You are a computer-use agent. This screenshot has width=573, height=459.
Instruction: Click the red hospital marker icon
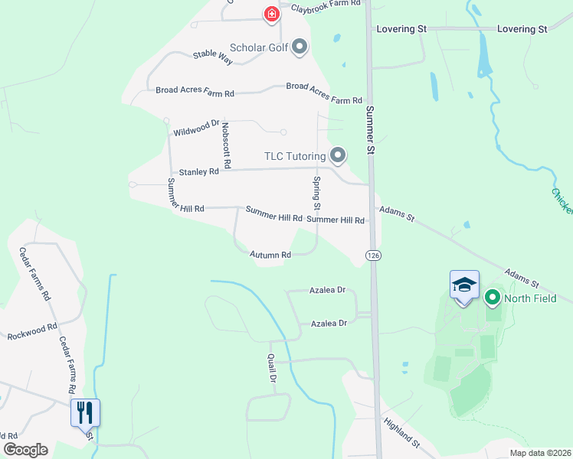click(x=271, y=13)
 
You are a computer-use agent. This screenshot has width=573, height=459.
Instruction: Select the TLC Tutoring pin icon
click(x=337, y=156)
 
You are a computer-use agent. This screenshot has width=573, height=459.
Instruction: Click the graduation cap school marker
click(x=464, y=285)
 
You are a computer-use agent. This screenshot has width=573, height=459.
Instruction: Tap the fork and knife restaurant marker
click(x=85, y=412)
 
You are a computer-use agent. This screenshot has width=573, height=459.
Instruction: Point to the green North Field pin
click(x=491, y=298)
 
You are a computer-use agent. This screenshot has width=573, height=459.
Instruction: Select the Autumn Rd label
click(x=270, y=255)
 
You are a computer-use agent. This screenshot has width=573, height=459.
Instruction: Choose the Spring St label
click(x=316, y=194)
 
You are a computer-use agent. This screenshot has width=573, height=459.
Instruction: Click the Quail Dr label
click(x=270, y=368)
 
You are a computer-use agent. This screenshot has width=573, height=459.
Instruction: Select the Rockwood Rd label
click(x=32, y=331)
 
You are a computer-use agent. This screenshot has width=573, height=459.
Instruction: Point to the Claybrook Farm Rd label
click(x=326, y=6)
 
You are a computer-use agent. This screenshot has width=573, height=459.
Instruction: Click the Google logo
click(x=25, y=450)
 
